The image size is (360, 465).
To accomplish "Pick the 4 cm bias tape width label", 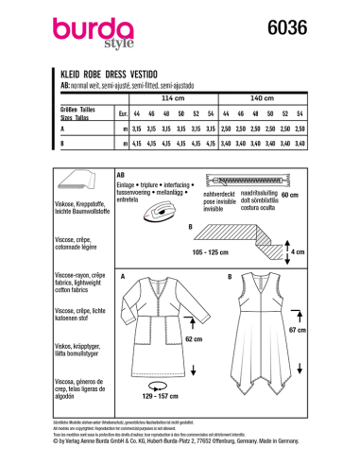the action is click(316, 252).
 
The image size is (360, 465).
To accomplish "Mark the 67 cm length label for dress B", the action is click(300, 333).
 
